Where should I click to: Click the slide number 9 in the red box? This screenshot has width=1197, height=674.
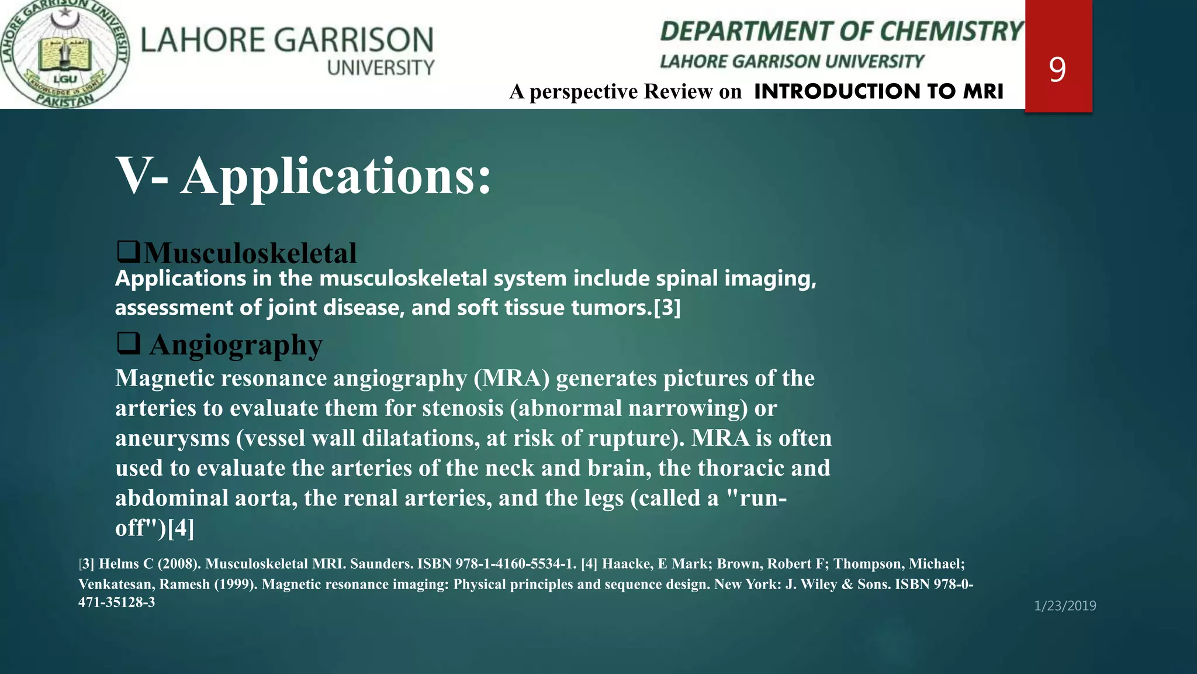click(x=1057, y=70)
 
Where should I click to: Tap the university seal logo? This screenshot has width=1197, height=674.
click(x=64, y=54)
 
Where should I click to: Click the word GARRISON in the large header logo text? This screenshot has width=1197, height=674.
click(x=354, y=40)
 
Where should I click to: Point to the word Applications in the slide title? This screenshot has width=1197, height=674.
click(x=336, y=176)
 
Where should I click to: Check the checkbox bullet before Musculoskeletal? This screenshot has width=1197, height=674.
click(x=128, y=252)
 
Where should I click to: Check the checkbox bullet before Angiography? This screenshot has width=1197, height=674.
click(x=128, y=343)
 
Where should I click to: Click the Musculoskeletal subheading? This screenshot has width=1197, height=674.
click(x=250, y=253)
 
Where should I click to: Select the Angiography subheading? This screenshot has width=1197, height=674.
click(x=236, y=345)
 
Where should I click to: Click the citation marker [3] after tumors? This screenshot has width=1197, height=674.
click(x=667, y=308)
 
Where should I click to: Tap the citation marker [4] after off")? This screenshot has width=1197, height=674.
click(x=181, y=528)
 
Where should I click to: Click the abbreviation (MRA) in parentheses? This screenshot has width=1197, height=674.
click(x=511, y=378)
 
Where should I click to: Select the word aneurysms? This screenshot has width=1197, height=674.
click(x=172, y=438)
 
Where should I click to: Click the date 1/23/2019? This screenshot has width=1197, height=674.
click(x=1065, y=606)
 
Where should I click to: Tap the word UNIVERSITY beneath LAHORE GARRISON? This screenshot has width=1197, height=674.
click(x=380, y=68)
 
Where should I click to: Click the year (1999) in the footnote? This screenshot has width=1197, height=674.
click(x=236, y=584)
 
